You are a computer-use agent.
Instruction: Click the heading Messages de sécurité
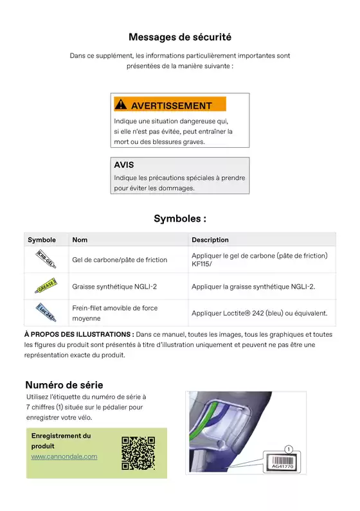pyautogui.click(x=180, y=37)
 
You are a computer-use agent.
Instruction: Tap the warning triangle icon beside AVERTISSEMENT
pyautogui.click(x=121, y=105)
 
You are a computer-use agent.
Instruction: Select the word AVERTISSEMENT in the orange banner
pyautogui.click(x=171, y=105)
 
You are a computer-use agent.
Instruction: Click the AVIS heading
pyautogui.click(x=124, y=165)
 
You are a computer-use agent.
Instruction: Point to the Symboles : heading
pyautogui.click(x=180, y=219)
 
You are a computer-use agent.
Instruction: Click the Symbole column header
pyautogui.click(x=42, y=240)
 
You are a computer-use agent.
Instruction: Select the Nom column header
pyautogui.click(x=80, y=240)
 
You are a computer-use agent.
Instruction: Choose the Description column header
pyautogui.click(x=210, y=240)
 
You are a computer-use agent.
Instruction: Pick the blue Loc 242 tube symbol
pyautogui.click(x=45, y=312)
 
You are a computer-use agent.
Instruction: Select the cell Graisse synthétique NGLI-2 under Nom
pyautogui.click(x=114, y=286)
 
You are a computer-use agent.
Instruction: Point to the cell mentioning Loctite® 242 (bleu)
pyautogui.click(x=260, y=313)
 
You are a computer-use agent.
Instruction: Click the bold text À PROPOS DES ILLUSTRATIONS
pyautogui.click(x=79, y=334)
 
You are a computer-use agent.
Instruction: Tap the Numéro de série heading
pyautogui.click(x=64, y=385)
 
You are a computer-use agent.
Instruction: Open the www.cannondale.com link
pyautogui.click(x=64, y=456)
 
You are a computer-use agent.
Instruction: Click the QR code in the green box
pyautogui.click(x=138, y=453)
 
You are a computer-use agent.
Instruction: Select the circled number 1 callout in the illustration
pyautogui.click(x=289, y=449)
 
